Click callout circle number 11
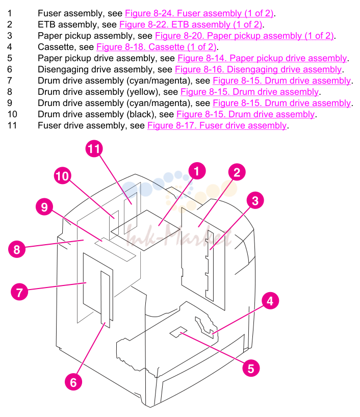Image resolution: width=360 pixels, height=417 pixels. click(94, 148)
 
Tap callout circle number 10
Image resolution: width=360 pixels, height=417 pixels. click(63, 175)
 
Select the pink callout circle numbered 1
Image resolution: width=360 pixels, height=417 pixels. click(197, 171)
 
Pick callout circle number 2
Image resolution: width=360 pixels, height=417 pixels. click(237, 172)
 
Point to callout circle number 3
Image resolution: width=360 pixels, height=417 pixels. click(255, 200)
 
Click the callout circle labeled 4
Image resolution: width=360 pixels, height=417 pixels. click(270, 301)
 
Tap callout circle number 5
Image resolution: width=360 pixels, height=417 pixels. click(251, 368)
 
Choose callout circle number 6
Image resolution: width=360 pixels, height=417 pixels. click(73, 382)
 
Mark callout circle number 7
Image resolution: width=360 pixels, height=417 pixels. click(19, 292)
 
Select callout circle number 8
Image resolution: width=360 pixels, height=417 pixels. click(17, 249)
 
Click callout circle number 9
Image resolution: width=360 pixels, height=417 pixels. click(44, 206)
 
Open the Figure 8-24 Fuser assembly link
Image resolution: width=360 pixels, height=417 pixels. click(199, 13)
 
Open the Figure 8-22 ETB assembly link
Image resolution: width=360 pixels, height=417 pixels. click(191, 24)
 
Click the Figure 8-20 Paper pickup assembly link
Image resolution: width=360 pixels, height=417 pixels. click(245, 36)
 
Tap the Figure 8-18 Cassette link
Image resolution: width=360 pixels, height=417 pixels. click(157, 47)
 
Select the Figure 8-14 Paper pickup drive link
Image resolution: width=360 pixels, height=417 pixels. click(262, 58)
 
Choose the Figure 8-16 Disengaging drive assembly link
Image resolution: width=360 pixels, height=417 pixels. click(259, 69)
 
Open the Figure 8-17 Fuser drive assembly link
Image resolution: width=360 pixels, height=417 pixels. click(217, 125)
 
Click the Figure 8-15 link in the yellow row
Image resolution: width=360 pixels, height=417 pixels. click(249, 92)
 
